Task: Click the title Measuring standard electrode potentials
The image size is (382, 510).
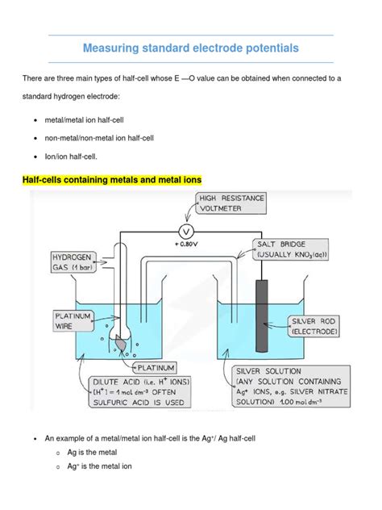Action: [x=191, y=48]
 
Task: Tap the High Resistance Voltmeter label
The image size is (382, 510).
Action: [x=230, y=202]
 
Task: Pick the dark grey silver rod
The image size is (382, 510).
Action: [x=263, y=315]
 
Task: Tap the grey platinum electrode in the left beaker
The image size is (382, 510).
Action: [x=121, y=342]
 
